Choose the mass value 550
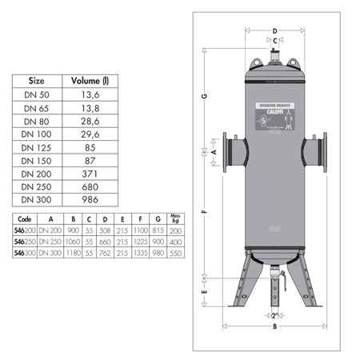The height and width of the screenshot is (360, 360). point(175,252)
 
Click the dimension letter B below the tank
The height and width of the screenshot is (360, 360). point(274,327)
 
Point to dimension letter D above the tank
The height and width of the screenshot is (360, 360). point(274,30)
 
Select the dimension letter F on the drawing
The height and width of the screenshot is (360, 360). point(206,213)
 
